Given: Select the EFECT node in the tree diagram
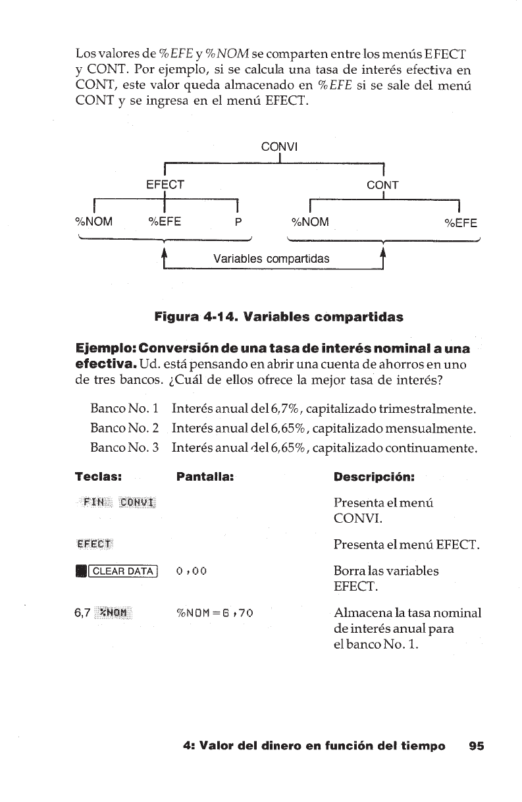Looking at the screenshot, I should pyautogui.click(x=165, y=185).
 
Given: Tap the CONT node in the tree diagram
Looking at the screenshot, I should pyautogui.click(x=382, y=185).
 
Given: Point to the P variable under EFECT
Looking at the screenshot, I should pyautogui.click(x=238, y=222).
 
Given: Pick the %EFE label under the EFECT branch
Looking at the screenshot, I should pyautogui.click(x=165, y=222).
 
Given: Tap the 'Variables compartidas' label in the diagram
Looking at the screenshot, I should pyautogui.click(x=271, y=258).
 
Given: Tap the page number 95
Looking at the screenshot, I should pyautogui.click(x=476, y=746).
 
